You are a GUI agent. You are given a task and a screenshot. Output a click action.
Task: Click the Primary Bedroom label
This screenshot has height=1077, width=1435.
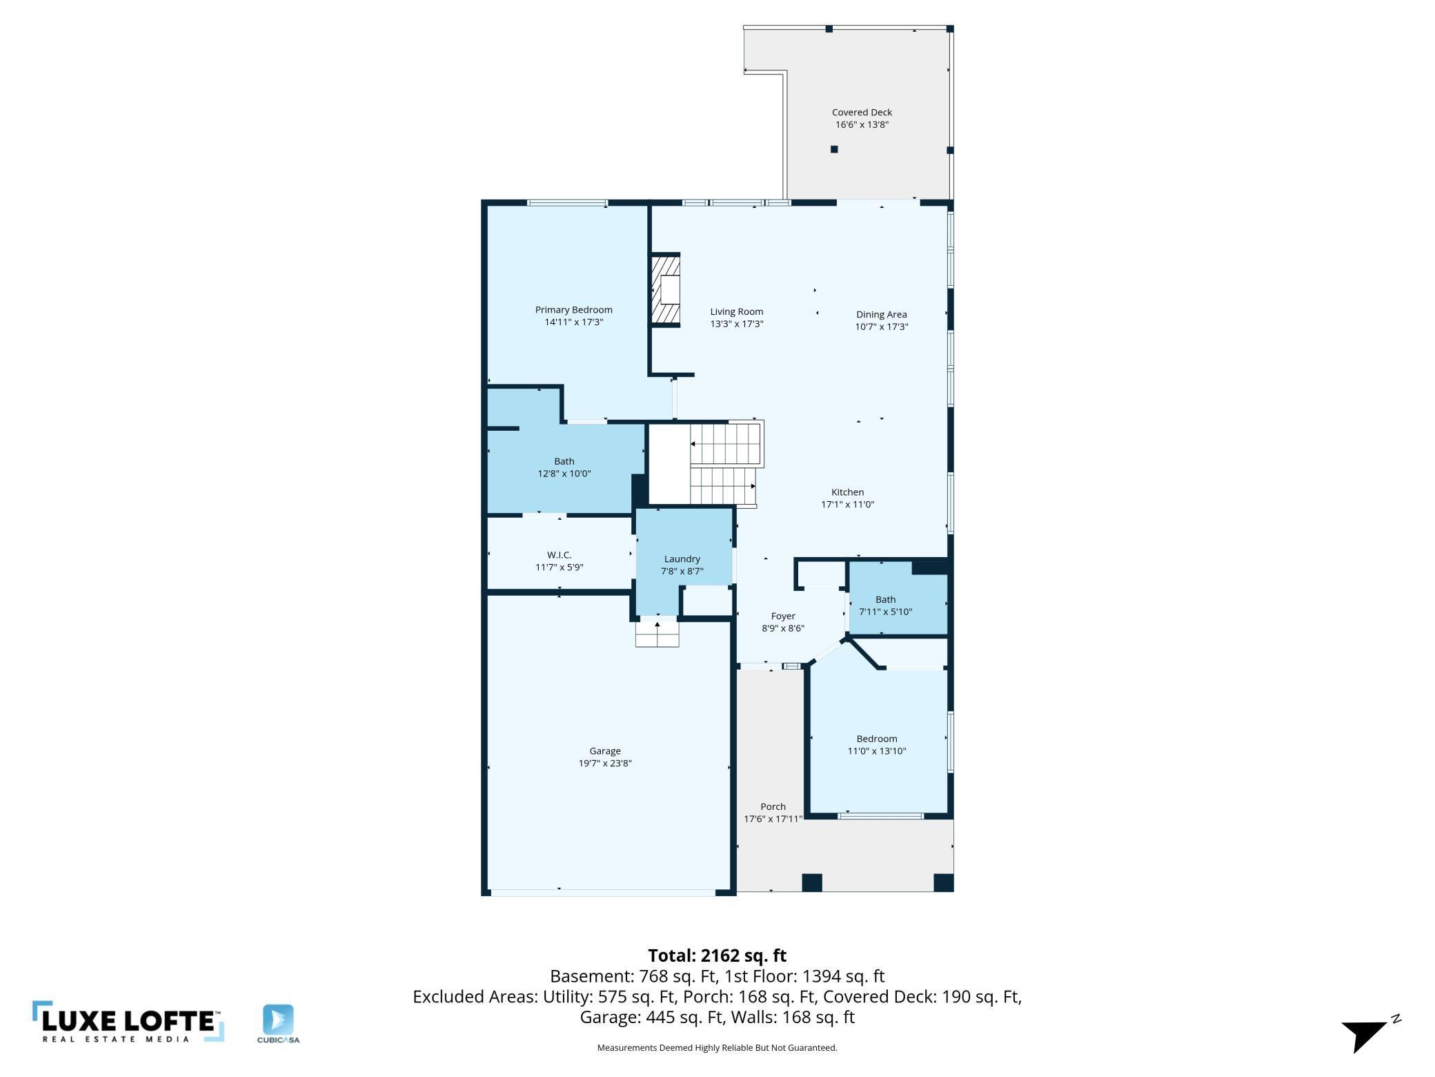click(573, 310)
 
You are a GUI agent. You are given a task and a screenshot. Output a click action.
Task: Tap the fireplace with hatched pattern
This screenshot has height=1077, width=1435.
click(666, 290)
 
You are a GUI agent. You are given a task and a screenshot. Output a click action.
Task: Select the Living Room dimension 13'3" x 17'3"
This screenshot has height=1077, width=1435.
click(736, 324)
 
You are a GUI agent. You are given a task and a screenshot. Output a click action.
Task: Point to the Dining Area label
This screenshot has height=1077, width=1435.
click(881, 314)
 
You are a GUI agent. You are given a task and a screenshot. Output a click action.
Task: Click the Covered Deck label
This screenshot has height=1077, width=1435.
click(861, 112)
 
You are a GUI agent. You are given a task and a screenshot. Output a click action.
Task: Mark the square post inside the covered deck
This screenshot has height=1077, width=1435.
click(833, 149)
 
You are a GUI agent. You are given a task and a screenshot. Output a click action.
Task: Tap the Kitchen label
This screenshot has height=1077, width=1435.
click(847, 492)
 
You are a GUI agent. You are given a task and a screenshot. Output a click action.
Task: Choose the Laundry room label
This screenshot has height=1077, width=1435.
click(682, 559)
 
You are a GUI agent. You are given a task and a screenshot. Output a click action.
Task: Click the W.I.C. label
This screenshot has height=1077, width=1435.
click(559, 555)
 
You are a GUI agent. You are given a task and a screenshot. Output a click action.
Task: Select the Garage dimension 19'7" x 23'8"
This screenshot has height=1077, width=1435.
click(604, 764)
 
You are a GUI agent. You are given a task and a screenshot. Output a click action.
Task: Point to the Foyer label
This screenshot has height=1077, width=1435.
click(782, 616)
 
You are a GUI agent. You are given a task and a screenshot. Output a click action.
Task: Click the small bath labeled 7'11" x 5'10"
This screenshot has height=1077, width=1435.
click(885, 605)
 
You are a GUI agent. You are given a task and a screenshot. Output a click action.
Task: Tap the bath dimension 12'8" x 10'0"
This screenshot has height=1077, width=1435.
click(564, 474)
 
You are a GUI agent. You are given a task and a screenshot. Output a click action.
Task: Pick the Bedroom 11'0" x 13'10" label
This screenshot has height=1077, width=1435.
click(876, 739)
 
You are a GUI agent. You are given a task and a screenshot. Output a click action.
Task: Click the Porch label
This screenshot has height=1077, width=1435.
click(773, 806)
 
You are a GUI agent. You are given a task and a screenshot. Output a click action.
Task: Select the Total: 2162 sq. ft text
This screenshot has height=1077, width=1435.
click(716, 955)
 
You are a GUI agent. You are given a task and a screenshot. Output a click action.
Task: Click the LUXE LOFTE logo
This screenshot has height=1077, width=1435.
click(128, 1022)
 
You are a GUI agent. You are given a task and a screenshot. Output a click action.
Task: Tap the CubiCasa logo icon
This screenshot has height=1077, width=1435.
click(278, 1020)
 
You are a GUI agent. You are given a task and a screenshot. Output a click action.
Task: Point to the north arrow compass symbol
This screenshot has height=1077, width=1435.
click(1366, 1034)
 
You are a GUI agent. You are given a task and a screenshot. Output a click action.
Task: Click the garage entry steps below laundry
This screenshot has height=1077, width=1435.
click(657, 634)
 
